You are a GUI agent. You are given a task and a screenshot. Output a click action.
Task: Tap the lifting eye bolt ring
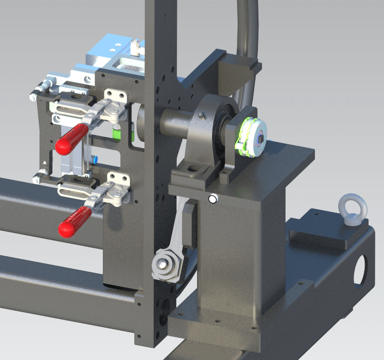click(x=353, y=208)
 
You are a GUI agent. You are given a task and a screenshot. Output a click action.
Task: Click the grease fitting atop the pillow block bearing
click(x=202, y=115)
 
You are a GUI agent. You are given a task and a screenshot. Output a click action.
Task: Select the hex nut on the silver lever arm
click(x=164, y=264)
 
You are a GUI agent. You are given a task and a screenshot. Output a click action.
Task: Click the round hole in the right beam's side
click(x=360, y=270)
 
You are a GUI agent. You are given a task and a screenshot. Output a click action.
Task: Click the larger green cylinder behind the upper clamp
click(x=116, y=133)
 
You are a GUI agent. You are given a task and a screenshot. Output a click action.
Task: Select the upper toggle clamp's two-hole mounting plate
click(x=116, y=97)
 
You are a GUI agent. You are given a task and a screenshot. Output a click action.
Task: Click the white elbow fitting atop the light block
click(x=136, y=47)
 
